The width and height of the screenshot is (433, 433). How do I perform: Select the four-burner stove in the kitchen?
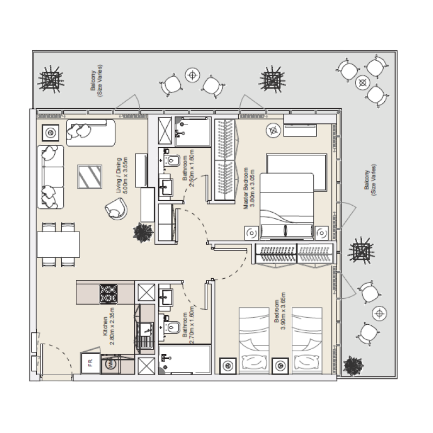(110, 294)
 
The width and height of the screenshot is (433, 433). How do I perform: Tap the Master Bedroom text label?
(248, 187)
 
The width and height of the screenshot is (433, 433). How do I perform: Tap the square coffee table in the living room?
(89, 176)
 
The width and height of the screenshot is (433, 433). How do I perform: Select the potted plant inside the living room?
(142, 232)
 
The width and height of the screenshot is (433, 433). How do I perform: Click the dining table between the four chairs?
(58, 245)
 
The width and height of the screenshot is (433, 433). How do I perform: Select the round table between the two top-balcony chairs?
(192, 75)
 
